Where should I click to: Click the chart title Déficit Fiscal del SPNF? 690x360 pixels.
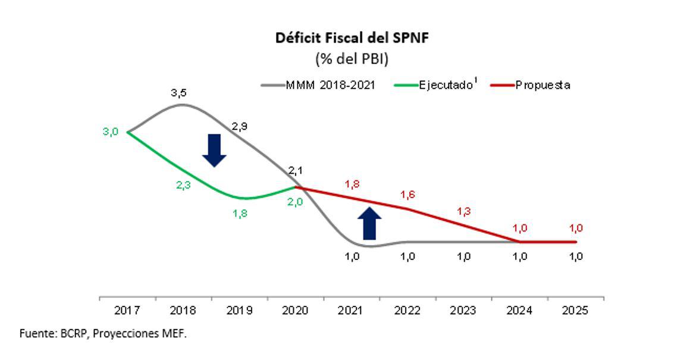click(352, 38)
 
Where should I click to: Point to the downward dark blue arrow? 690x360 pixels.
click(214, 150)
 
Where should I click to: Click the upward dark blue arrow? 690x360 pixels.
click(369, 223)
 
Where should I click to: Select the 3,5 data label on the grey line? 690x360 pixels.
click(178, 93)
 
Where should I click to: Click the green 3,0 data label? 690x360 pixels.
click(111, 132)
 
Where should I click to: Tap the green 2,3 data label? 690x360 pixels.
click(184, 185)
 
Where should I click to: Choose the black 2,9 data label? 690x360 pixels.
click(240, 126)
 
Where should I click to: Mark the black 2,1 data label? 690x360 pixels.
click(296, 171)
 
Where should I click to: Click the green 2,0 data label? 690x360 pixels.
click(296, 202)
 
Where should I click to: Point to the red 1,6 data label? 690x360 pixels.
click(407, 195)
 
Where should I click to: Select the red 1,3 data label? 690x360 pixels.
click(463, 211)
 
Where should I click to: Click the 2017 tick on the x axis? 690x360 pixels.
click(127, 311)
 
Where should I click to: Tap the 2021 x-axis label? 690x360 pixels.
click(352, 311)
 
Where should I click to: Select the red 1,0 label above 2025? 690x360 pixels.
click(576, 228)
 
